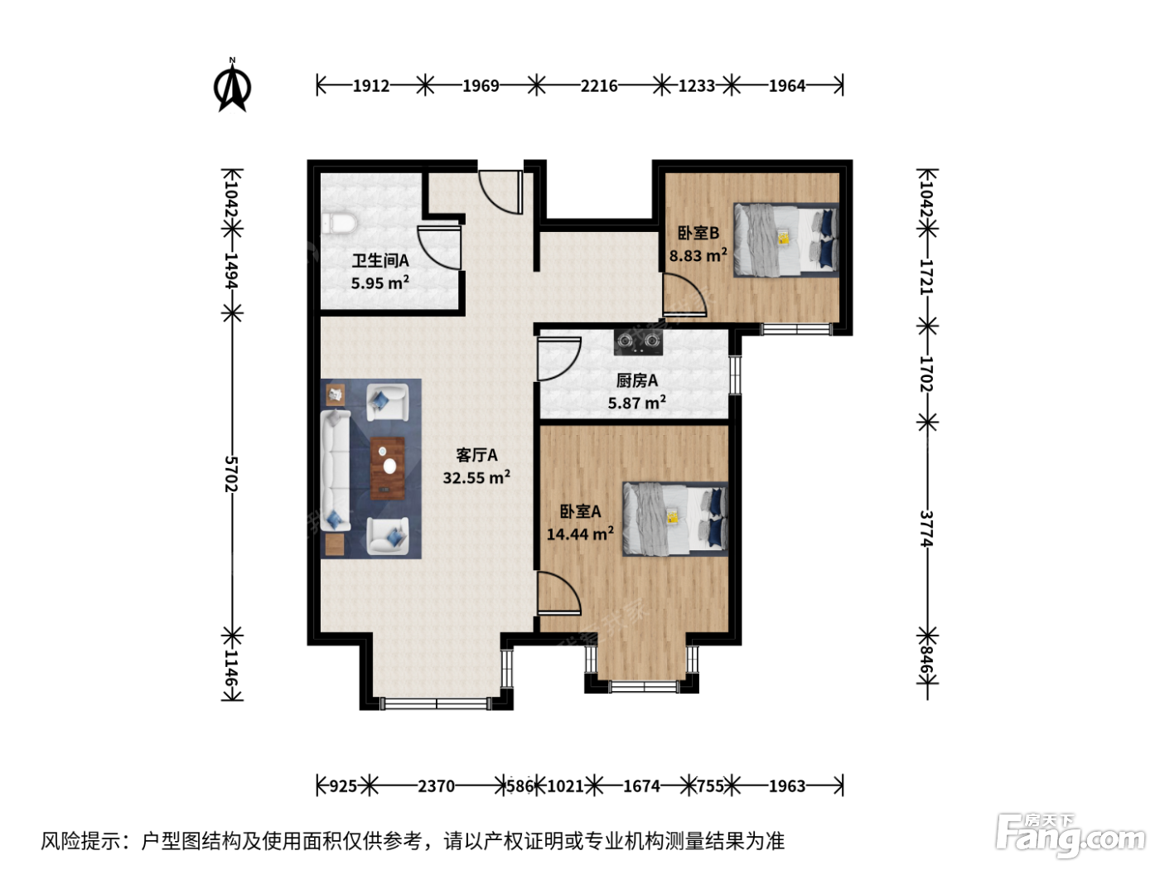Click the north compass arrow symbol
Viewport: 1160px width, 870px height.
[x=232, y=85]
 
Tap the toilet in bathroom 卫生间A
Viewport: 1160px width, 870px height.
[x=338, y=223]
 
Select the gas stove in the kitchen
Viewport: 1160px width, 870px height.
[x=638, y=341]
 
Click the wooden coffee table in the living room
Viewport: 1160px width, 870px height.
[x=388, y=468]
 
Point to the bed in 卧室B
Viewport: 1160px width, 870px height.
[x=785, y=240]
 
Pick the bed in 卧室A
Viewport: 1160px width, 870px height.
[x=674, y=519]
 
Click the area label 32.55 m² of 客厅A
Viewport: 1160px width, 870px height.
[x=476, y=477]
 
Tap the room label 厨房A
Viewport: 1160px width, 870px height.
[x=637, y=380]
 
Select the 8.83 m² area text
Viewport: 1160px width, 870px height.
[x=698, y=256]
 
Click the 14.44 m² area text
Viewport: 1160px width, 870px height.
[x=580, y=534]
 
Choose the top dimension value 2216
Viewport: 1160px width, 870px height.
[x=599, y=85]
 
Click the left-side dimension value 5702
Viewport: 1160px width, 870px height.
[x=232, y=474]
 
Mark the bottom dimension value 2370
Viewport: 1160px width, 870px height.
[x=436, y=786]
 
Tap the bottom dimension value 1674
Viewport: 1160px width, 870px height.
[x=641, y=786]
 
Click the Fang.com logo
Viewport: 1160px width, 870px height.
[x=1071, y=836]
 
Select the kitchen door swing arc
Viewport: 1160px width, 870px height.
[x=559, y=359]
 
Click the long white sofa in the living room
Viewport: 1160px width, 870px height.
[x=336, y=471]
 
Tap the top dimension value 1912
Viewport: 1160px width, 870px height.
[x=371, y=85]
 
